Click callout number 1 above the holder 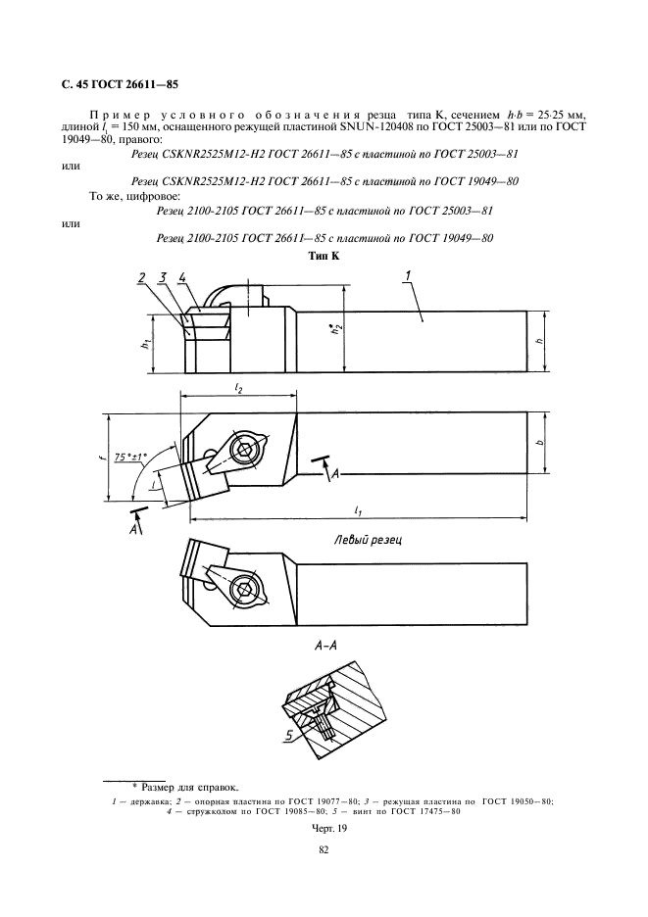tap(408, 275)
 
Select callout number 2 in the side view tap(142, 277)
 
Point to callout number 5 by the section tap(289, 735)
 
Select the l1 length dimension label tap(357, 510)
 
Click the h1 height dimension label tap(146, 345)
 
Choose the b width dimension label tap(540, 442)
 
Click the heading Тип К tap(324, 256)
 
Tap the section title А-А tap(324, 646)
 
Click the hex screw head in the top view tap(243, 449)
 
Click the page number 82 tap(324, 850)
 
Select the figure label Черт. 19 tap(324, 828)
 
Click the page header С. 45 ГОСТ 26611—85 tap(120, 84)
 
